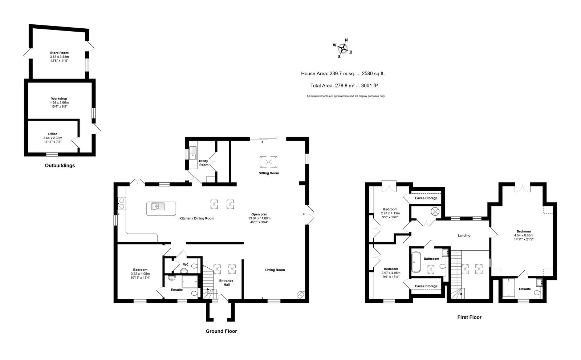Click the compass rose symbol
[x=343, y=48]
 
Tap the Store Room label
[x=60, y=53]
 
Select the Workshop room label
[x=59, y=99]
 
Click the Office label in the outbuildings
[x=53, y=134]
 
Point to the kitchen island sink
[x=158, y=206]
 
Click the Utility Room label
[x=204, y=163]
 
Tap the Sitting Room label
[x=269, y=173]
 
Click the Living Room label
[x=275, y=270]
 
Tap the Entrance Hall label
[x=226, y=283]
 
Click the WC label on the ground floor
[x=186, y=265]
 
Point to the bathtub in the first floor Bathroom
[x=416, y=262]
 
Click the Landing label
[x=464, y=235]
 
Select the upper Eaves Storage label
[x=426, y=198]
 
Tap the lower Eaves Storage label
[x=426, y=286]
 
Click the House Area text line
[x=343, y=73]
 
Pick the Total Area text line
[x=344, y=85]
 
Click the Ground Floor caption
[x=221, y=331]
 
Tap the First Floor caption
[x=469, y=317]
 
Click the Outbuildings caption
[x=60, y=166]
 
